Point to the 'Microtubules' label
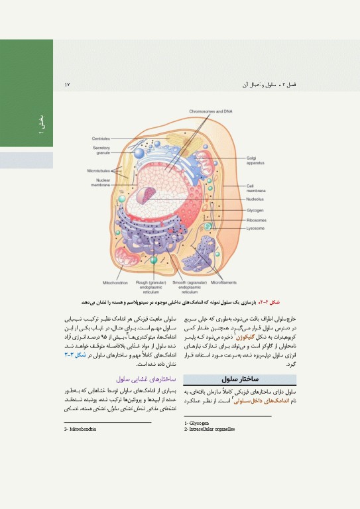(x=101, y=171)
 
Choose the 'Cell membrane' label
(x=257, y=188)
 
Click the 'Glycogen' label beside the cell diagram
(x=256, y=210)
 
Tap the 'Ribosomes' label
(x=257, y=219)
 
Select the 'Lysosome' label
(x=256, y=228)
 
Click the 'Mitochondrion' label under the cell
(x=115, y=282)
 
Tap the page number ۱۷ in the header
(x=67, y=85)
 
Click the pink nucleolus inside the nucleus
(x=153, y=196)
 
